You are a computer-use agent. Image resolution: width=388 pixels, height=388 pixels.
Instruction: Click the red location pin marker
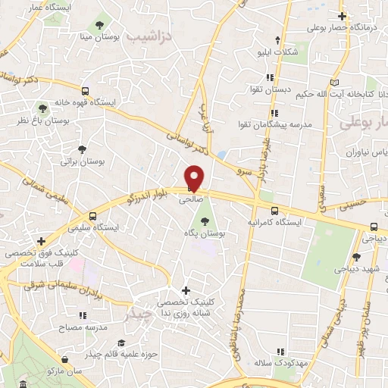pyautogui.click(x=195, y=177)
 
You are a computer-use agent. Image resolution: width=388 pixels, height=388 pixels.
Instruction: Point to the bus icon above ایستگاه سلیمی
pyautogui.click(x=92, y=214)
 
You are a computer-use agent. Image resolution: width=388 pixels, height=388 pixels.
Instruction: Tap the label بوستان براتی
pyautogui.click(x=80, y=162)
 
